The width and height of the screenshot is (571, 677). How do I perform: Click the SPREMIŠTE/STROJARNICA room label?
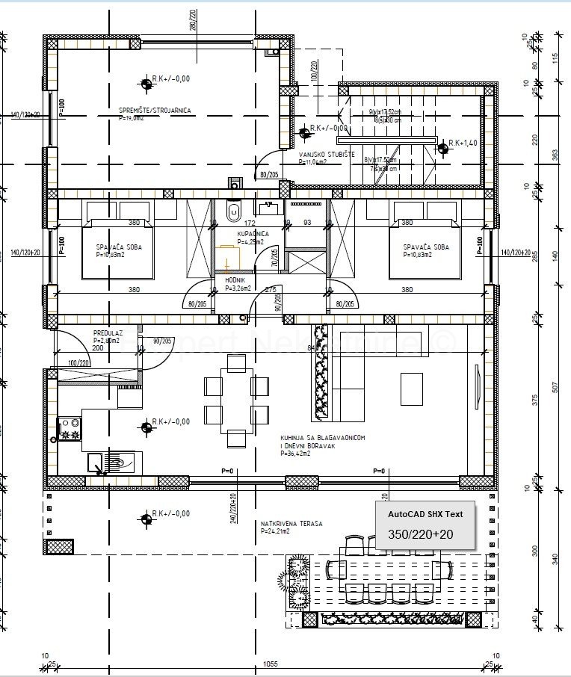155,111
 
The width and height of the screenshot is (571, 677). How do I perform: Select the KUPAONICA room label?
232,234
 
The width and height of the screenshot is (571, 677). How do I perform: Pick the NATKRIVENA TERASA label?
291,524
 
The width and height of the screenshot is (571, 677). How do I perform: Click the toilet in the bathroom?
233,211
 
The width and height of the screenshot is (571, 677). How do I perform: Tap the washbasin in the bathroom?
269,205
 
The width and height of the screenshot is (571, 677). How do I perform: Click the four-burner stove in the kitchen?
70,428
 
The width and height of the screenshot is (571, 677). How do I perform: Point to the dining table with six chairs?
237,401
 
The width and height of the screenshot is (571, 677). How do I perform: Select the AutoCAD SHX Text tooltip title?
425,514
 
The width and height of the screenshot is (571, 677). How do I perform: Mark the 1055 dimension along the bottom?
271,664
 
